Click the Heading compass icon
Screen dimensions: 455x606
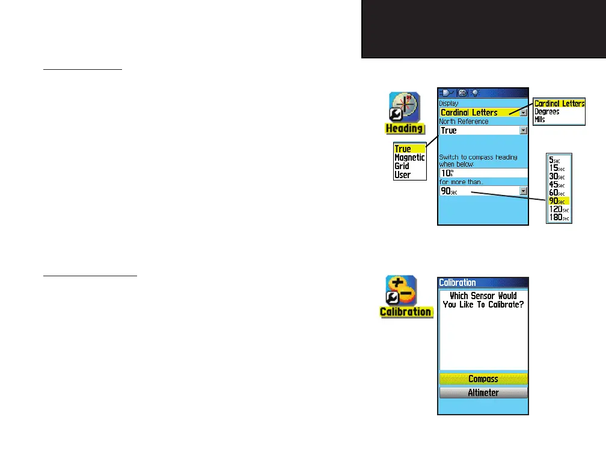405,108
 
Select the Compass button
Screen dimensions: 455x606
483,379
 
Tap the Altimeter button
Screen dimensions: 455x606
483,393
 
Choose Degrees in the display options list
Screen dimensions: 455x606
546,112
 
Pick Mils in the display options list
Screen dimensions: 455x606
540,120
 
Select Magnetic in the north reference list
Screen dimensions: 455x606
409,158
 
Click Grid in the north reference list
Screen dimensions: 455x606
402,166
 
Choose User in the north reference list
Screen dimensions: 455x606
402,175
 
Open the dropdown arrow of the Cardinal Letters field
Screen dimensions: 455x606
523,113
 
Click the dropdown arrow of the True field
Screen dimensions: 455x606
523,131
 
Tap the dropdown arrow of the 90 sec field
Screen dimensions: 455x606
523,191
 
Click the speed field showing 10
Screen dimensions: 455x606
483,173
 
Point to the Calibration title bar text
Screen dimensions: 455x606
458,282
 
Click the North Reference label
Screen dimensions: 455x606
464,122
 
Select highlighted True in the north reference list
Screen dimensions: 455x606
403,149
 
